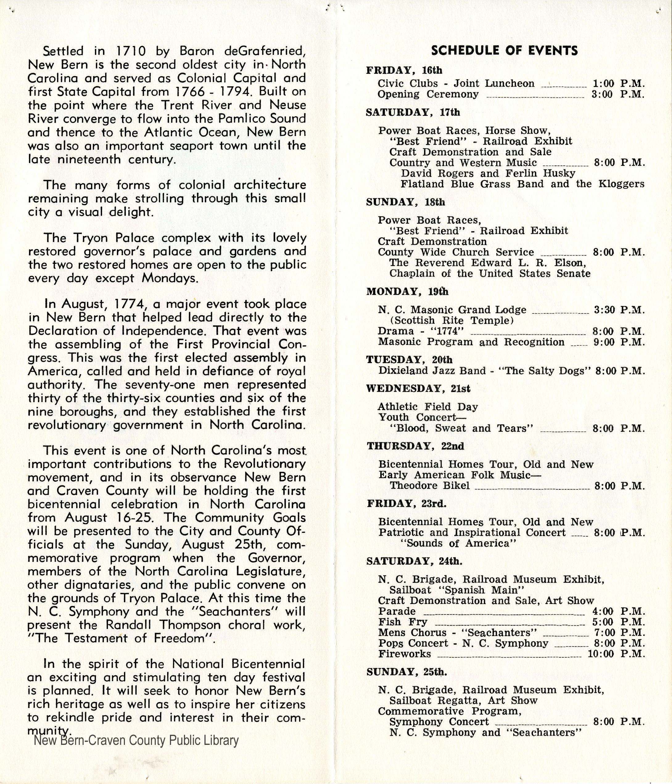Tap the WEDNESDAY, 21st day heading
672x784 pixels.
pos(419,389)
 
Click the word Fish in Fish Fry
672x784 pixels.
pos(389,622)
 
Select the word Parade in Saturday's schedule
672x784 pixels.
pos(397,611)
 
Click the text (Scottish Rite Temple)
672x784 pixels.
pos(451,321)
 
